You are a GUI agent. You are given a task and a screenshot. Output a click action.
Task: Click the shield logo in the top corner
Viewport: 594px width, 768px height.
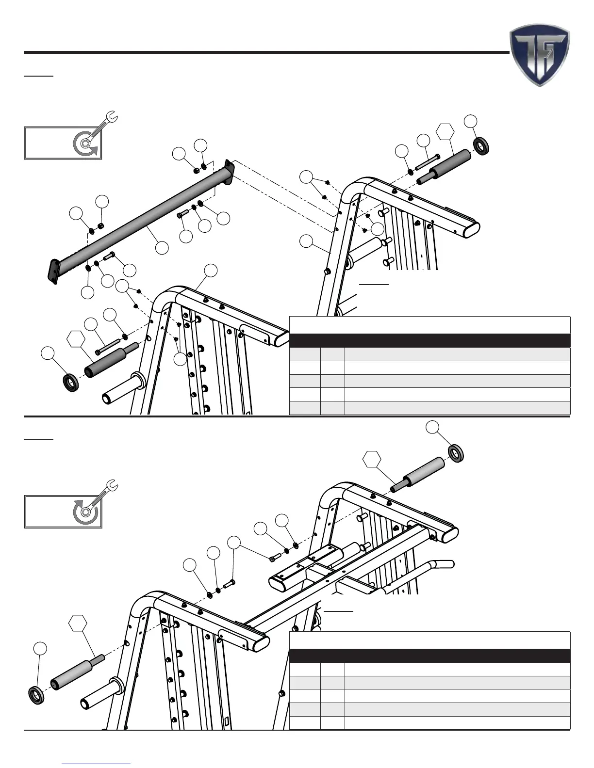click(x=539, y=55)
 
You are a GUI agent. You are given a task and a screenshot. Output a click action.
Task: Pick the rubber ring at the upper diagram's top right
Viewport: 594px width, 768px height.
click(x=480, y=145)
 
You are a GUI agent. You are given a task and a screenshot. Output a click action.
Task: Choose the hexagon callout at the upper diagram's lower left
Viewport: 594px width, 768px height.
click(x=75, y=339)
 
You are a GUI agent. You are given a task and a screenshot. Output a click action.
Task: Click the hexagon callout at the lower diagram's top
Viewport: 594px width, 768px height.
click(x=372, y=459)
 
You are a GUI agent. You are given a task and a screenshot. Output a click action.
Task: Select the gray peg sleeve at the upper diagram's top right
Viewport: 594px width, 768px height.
click(x=450, y=165)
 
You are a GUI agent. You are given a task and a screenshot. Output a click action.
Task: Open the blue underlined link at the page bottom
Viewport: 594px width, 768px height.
click(x=97, y=763)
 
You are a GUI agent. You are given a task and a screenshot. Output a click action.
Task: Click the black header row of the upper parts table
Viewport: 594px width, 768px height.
click(x=429, y=340)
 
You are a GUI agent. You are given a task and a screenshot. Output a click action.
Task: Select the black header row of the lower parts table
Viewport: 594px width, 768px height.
click(x=429, y=656)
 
